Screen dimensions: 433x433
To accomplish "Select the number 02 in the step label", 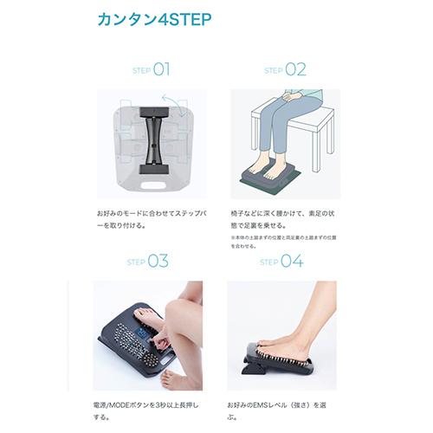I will coord(296,69).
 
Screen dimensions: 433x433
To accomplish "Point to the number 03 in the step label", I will coord(160,261).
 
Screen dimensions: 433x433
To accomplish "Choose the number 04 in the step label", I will coord(293,261).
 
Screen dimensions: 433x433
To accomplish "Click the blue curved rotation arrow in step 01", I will coord(178,107).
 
